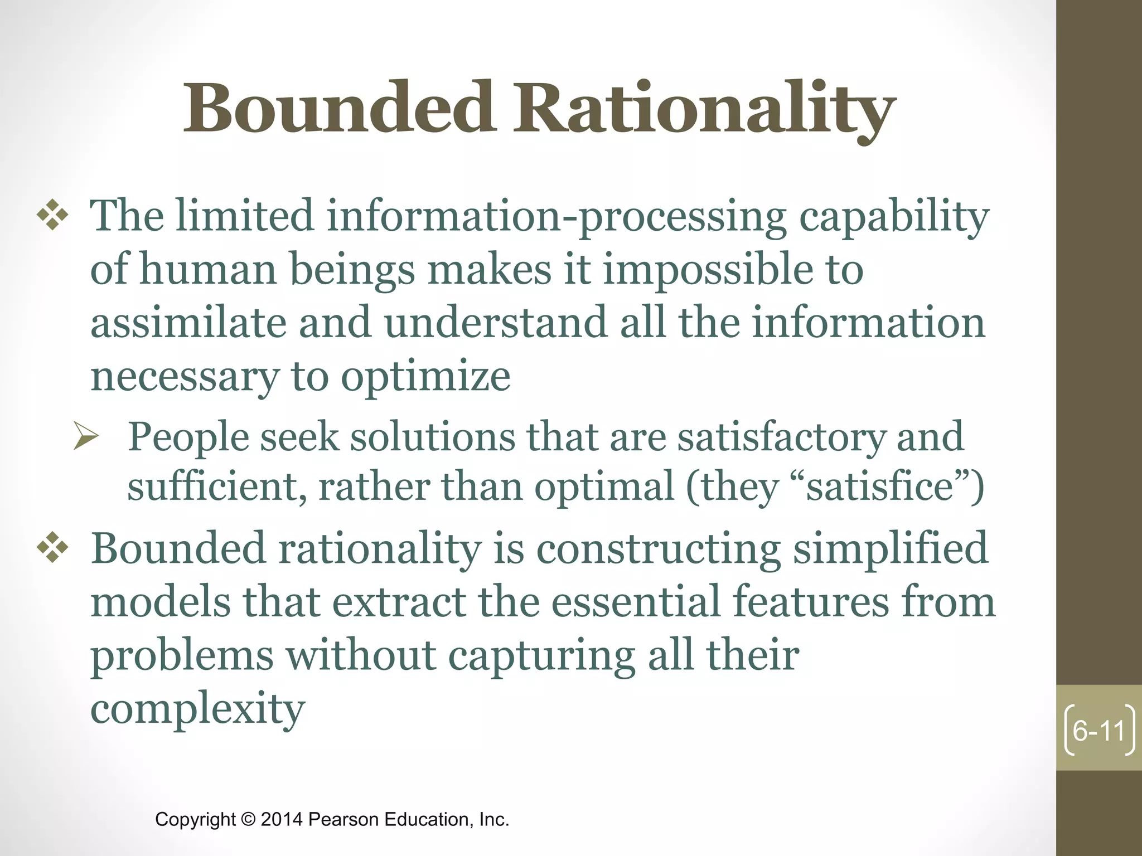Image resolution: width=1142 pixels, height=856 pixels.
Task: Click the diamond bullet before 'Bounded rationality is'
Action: point(52,547)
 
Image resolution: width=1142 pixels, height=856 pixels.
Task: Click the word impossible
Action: point(708,270)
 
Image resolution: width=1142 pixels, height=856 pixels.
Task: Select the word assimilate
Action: point(188,323)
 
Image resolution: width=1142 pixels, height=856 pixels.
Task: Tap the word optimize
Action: point(425,377)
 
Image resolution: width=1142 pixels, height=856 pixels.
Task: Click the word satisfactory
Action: point(781,437)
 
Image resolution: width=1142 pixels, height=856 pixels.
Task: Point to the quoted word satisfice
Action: point(879,487)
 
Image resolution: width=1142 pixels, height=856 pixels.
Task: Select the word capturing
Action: point(541,656)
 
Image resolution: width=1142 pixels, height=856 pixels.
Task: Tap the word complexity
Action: point(198,709)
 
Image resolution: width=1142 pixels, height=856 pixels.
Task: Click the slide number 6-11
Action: point(1099,731)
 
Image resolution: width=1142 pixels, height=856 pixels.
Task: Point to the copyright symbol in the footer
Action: point(248,819)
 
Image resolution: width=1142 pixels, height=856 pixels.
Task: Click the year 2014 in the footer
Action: point(282,819)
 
